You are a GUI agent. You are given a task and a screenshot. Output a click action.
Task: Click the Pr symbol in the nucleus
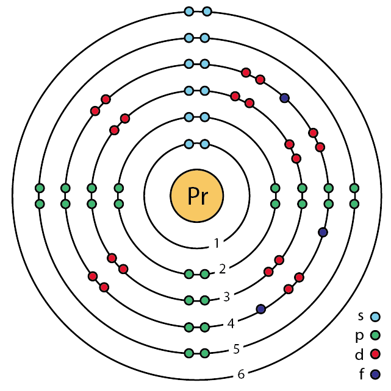[196, 195]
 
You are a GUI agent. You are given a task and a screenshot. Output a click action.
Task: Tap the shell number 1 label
[217, 244]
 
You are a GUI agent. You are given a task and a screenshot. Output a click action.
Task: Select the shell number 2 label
[222, 269]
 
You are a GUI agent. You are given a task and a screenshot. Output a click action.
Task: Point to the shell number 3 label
[226, 297]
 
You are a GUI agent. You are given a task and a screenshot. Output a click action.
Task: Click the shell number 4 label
[231, 323]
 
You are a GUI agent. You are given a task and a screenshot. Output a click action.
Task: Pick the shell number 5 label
[235, 350]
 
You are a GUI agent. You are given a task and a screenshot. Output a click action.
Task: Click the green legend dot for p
[376, 335]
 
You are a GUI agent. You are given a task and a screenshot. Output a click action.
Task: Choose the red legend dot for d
[376, 354]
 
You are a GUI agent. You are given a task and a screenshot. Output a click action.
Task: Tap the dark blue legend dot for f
[376, 373]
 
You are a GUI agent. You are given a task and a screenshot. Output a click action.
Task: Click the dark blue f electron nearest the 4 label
[261, 309]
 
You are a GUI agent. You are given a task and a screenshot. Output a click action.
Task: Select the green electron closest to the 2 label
[205, 273]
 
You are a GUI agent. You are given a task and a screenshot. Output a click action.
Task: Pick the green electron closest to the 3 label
[205, 300]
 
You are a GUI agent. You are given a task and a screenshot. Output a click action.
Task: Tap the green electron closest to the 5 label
[205, 353]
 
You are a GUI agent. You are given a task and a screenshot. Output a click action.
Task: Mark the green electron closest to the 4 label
[205, 327]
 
